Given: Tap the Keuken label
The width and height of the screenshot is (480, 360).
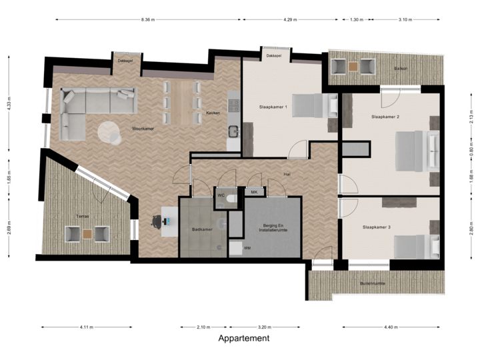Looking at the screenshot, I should [x=213, y=113].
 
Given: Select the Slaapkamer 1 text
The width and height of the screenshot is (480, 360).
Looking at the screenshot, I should [x=273, y=107].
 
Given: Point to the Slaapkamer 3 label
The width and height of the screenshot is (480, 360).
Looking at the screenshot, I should [x=377, y=227].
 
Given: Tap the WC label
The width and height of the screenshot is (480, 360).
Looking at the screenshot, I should [x=221, y=195].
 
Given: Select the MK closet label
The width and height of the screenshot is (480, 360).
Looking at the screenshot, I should [x=253, y=192].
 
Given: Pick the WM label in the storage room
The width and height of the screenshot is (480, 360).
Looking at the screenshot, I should [x=247, y=248].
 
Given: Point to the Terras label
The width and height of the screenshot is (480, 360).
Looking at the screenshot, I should [x=82, y=217].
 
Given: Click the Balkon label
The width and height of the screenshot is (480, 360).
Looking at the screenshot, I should [x=401, y=68].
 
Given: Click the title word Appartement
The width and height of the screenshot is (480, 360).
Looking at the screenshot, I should [x=244, y=338].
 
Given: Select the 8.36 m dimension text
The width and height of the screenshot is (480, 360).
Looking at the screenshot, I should [x=147, y=19].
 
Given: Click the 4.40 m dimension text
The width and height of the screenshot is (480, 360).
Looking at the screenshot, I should [x=391, y=327].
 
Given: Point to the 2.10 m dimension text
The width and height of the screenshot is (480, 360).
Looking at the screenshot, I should [x=203, y=327].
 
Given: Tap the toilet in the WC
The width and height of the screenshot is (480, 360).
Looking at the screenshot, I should [x=230, y=198].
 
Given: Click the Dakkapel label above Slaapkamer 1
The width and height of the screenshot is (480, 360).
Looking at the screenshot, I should [x=273, y=57].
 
